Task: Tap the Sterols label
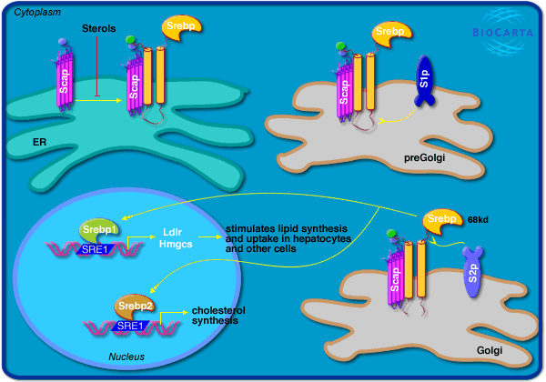click(97, 29)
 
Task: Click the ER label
click(39, 142)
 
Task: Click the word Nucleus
click(128, 355)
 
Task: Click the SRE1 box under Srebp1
click(98, 247)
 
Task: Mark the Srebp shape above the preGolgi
click(389, 35)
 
